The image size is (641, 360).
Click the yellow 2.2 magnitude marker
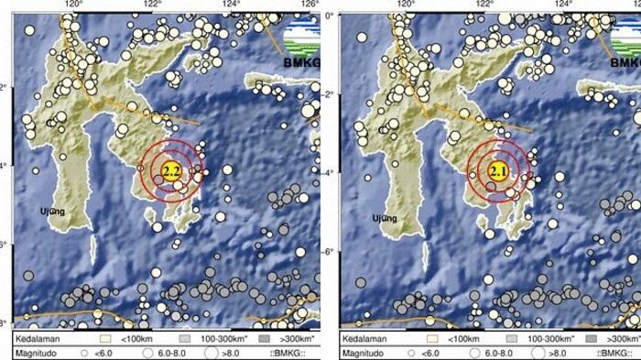170,170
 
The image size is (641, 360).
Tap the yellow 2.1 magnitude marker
498,170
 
